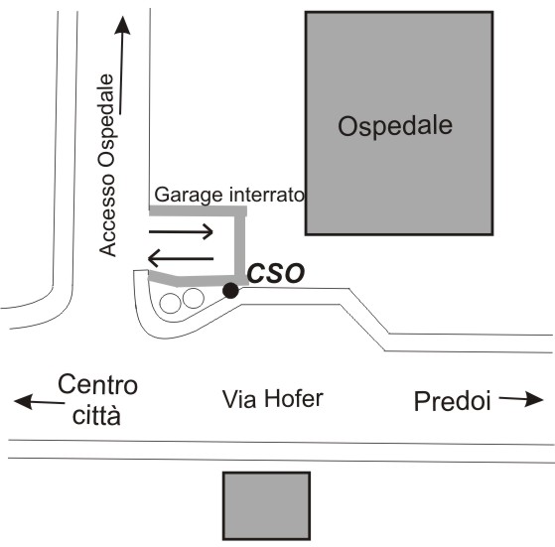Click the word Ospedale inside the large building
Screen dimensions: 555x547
(395, 126)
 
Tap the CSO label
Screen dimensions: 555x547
(276, 274)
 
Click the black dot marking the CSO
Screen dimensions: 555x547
(230, 291)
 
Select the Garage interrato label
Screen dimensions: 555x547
(229, 195)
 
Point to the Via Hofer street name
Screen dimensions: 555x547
(273, 399)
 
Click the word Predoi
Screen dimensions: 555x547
(453, 402)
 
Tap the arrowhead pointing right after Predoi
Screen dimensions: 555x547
(534, 399)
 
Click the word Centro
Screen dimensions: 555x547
(97, 384)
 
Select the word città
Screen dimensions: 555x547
(96, 415)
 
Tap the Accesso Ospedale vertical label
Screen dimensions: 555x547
(107, 165)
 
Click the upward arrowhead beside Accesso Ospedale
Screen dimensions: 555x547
(122, 26)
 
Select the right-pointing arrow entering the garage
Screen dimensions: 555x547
(181, 231)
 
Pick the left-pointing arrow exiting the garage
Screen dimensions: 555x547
(181, 258)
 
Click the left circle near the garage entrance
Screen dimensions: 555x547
(170, 303)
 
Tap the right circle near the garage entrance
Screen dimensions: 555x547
(193, 298)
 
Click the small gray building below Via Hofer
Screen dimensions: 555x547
(266, 506)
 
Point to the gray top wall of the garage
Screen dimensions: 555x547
(198, 210)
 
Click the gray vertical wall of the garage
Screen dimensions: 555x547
(240, 246)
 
